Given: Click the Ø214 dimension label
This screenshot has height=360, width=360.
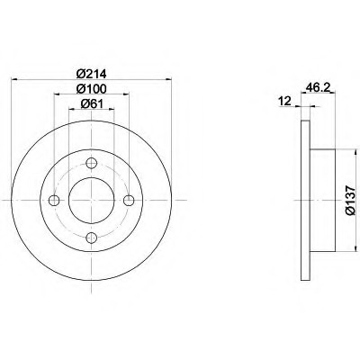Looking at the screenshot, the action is point(92,73).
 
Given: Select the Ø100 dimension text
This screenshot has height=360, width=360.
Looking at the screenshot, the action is point(92,88).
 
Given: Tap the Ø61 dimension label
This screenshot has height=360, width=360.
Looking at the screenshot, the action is point(92,103).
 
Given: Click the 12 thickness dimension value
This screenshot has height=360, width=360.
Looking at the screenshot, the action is point(285,102).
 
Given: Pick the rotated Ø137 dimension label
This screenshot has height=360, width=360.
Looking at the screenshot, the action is point(350,200).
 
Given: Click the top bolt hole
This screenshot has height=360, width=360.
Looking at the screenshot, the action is point(91,163).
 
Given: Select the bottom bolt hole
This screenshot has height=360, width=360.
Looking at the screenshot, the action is point(91,238).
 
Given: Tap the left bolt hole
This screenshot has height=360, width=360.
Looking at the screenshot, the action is point(54,200).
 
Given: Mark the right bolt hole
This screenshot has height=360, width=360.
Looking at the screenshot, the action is point(129,200).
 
